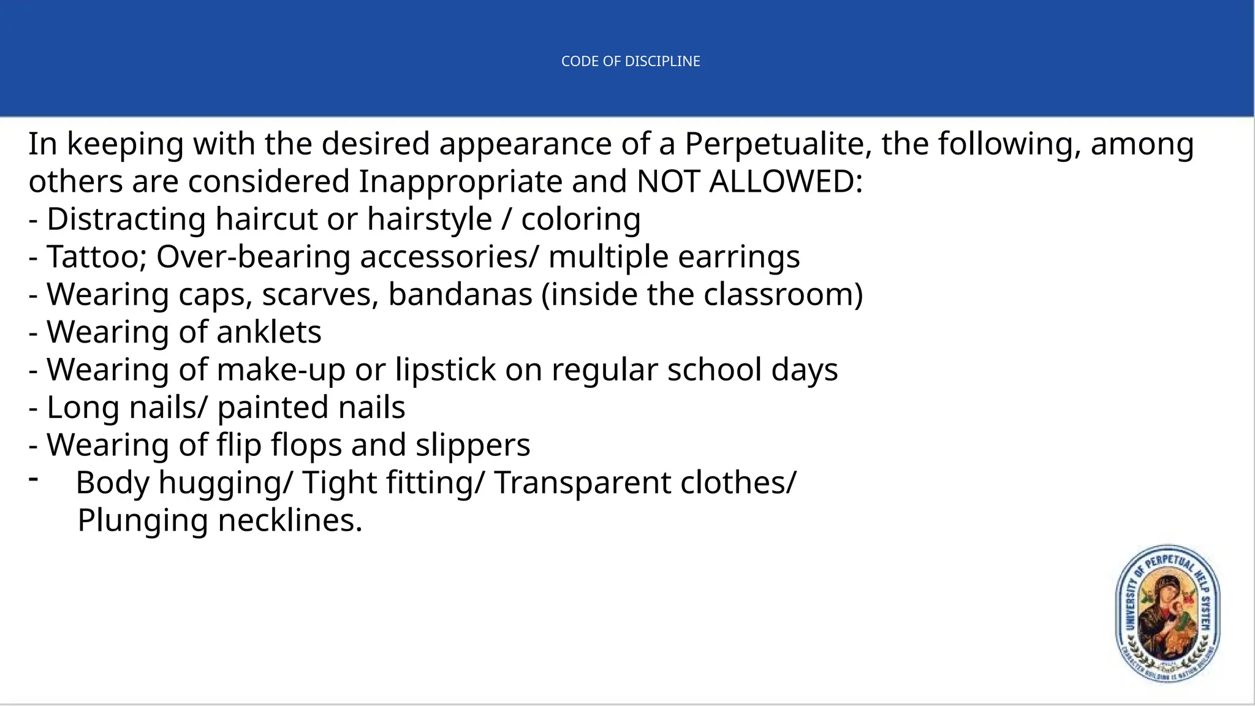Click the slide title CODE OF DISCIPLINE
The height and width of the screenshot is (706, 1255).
pyautogui.click(x=631, y=61)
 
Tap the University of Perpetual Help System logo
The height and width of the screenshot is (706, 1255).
pyautogui.click(x=1167, y=613)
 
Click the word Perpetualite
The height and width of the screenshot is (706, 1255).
pyautogui.click(x=778, y=145)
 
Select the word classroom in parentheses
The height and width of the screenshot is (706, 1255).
pyautogui.click(x=778, y=295)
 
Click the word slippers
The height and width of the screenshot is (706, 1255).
pyautogui.click(x=472, y=446)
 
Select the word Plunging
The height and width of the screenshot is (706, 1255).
pyautogui.click(x=143, y=522)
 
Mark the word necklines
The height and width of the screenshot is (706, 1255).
pyautogui.click(x=290, y=521)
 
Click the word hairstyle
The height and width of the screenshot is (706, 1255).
pyautogui.click(x=430, y=220)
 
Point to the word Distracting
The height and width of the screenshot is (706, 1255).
pyautogui.click(x=126, y=219)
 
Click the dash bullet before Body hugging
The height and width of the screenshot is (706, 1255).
pyautogui.click(x=34, y=478)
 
